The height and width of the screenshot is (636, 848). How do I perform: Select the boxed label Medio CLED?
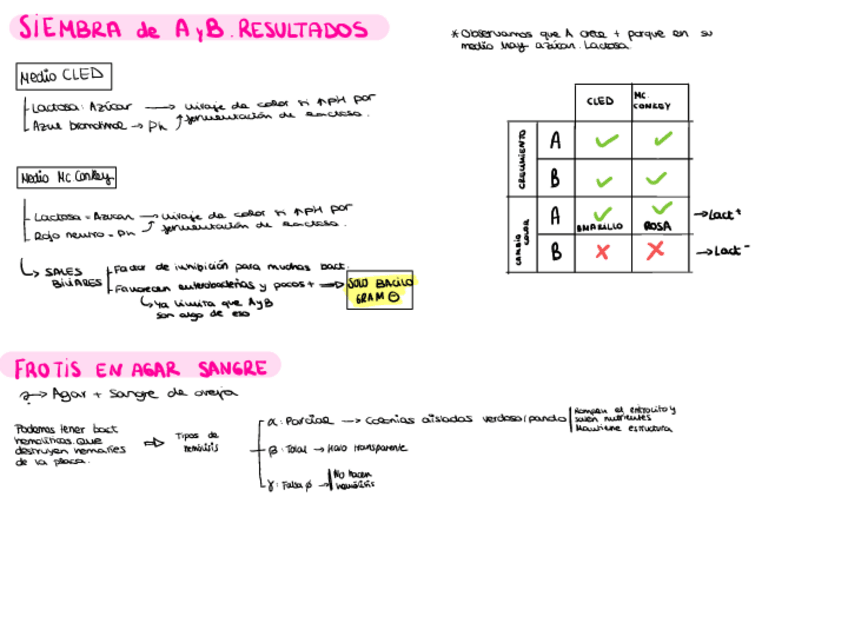(64, 76)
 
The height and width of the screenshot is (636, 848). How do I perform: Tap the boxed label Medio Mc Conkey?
(67, 178)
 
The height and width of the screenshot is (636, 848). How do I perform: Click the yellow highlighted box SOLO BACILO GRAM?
(380, 289)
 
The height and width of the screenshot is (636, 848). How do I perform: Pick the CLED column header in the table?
(600, 101)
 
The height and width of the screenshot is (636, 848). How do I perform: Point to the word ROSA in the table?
(657, 227)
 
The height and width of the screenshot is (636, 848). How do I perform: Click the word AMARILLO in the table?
(600, 228)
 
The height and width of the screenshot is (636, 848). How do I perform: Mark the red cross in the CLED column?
(602, 253)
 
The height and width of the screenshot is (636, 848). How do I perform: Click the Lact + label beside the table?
(723, 214)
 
